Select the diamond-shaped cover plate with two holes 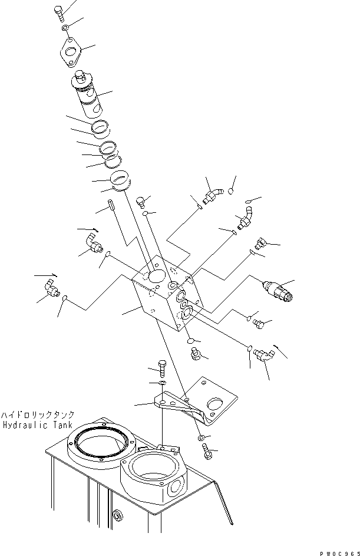coord(70,52)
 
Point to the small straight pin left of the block coord(111,207)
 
